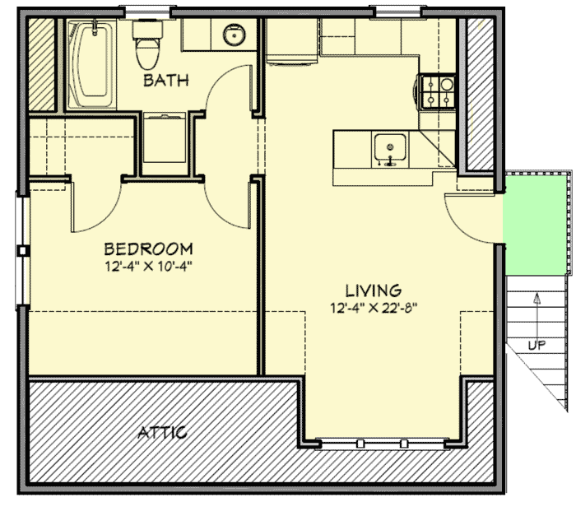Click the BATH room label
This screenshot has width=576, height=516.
[x=166, y=81]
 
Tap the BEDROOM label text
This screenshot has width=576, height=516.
[x=148, y=249]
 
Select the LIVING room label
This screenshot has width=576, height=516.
[x=373, y=291]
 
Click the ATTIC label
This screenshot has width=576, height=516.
[x=162, y=432]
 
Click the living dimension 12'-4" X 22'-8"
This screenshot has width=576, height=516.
[x=373, y=309]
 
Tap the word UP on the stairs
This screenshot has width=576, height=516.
[x=537, y=346]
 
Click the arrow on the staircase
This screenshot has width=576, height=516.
[x=537, y=309]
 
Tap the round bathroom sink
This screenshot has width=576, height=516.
[x=235, y=35]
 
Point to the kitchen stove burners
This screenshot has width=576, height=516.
[x=438, y=91]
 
